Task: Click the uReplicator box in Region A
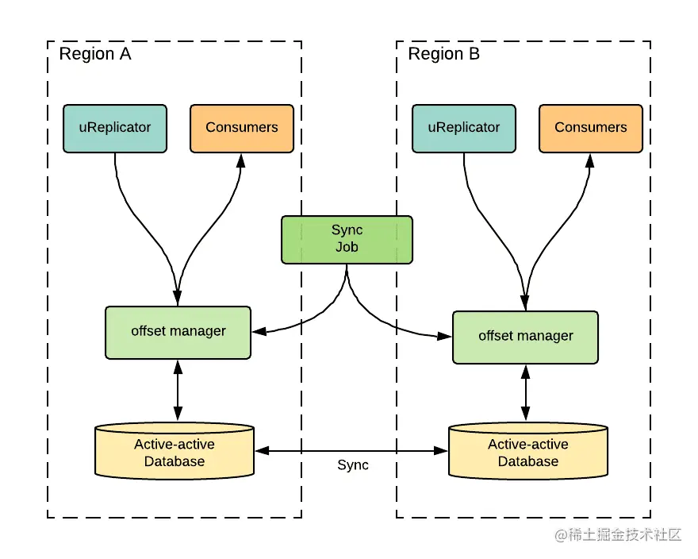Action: point(115,129)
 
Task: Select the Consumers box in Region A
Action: point(242,129)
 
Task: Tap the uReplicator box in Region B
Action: point(464,129)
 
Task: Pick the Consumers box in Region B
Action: point(591,129)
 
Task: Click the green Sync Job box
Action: point(347,240)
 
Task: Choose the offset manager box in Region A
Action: point(178,333)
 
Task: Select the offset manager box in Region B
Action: point(525,337)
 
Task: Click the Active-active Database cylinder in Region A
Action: point(174,451)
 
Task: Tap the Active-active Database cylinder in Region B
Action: point(528,451)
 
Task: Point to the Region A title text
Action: point(95,54)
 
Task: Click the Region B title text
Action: point(444,54)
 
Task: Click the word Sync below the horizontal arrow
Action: point(353,465)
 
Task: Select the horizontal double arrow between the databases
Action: point(351,451)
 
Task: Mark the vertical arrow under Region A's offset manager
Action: point(178,391)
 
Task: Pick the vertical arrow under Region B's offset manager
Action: point(525,393)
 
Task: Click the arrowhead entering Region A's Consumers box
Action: point(241,160)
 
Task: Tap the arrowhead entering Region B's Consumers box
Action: point(590,160)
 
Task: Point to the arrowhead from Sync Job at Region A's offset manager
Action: point(259,331)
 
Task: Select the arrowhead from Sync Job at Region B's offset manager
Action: point(444,336)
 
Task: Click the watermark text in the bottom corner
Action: point(618,534)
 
